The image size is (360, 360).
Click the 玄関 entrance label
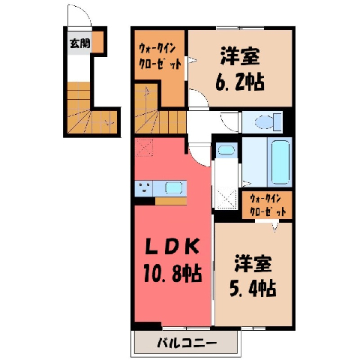(x=79, y=43)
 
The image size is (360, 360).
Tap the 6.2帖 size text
(x=240, y=82)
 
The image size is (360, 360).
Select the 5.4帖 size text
(x=253, y=288)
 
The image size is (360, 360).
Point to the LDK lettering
(x=173, y=246)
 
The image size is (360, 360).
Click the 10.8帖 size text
(x=172, y=273)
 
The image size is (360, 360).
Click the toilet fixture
(x=268, y=121)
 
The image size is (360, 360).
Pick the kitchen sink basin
(x=173, y=187)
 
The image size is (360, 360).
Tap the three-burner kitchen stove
(x=144, y=187)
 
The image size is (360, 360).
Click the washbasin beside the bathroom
(x=226, y=150)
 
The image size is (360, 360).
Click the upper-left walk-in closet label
(x=159, y=56)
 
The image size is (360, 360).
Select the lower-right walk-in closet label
(x=267, y=205)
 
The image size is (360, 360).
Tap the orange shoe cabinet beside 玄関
(x=97, y=42)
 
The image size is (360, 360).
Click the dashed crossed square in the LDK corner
(x=144, y=148)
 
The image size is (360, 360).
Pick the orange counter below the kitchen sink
(x=171, y=201)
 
